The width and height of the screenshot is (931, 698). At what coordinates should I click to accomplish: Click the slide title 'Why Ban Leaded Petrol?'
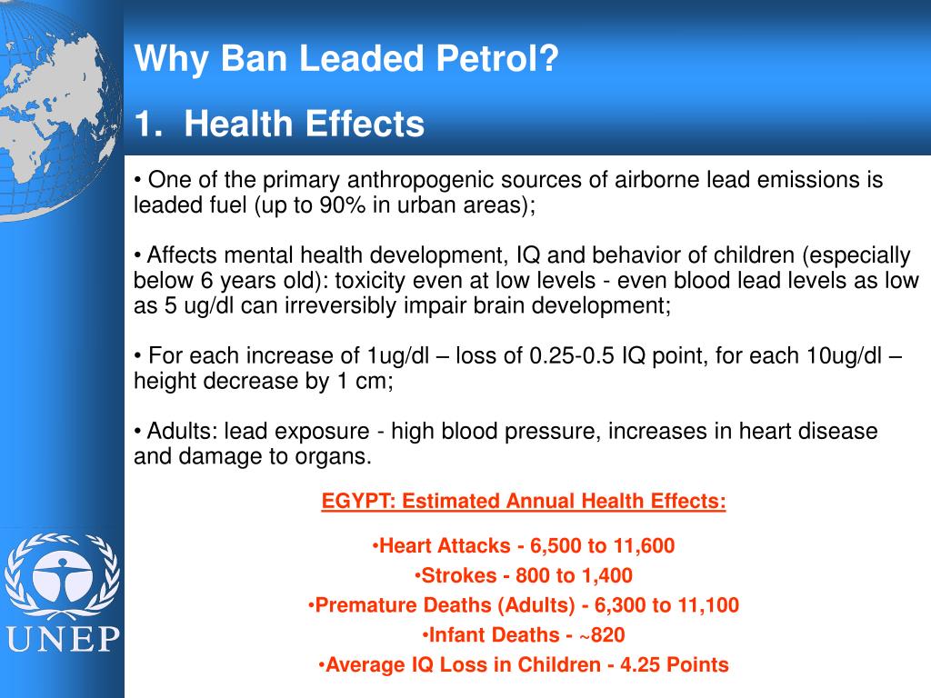[x=346, y=61]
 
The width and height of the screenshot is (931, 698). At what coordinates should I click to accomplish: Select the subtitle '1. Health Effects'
[x=280, y=125]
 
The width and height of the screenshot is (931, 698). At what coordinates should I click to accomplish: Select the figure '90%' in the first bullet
[x=342, y=205]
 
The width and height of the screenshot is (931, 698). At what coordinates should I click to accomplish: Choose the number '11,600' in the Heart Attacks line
[x=642, y=546]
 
